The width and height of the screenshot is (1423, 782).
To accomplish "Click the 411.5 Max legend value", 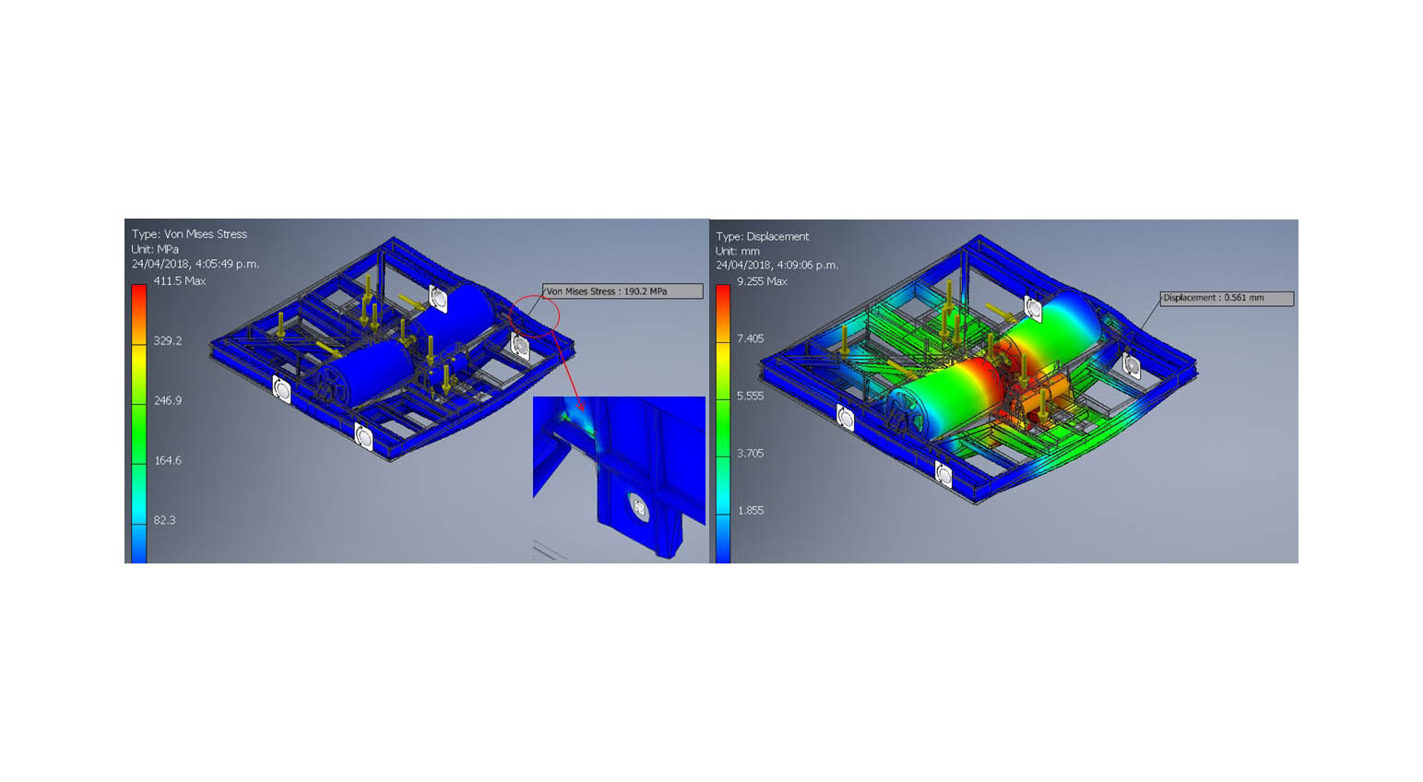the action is (x=179, y=280).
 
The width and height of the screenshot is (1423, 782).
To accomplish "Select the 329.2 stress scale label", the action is (x=168, y=340).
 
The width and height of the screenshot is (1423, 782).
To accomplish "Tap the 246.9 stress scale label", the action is (x=168, y=400).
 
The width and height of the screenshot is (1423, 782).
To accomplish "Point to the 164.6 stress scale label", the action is (x=168, y=460).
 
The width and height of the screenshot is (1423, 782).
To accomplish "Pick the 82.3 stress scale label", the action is (x=164, y=519).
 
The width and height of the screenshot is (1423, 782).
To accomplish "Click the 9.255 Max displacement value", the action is (x=762, y=281).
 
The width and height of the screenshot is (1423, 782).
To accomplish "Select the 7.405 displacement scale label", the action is (x=751, y=338).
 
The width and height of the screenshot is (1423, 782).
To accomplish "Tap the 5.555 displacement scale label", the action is (x=751, y=396).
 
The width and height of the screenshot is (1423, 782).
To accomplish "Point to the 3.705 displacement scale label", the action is (x=751, y=453).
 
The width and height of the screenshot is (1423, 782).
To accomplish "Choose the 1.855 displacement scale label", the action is (x=751, y=510).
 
